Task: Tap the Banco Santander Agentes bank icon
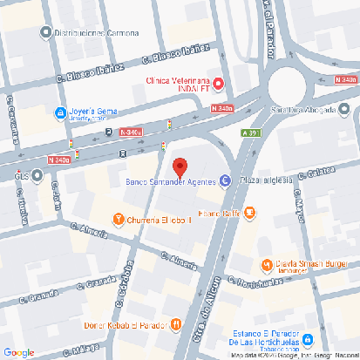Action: click(225, 181)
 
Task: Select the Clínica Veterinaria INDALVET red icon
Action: click(219, 84)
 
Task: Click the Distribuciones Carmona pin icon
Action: click(46, 33)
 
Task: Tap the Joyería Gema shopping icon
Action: click(59, 112)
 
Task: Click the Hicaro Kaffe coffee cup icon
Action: click(250, 212)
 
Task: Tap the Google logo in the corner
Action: click(19, 351)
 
